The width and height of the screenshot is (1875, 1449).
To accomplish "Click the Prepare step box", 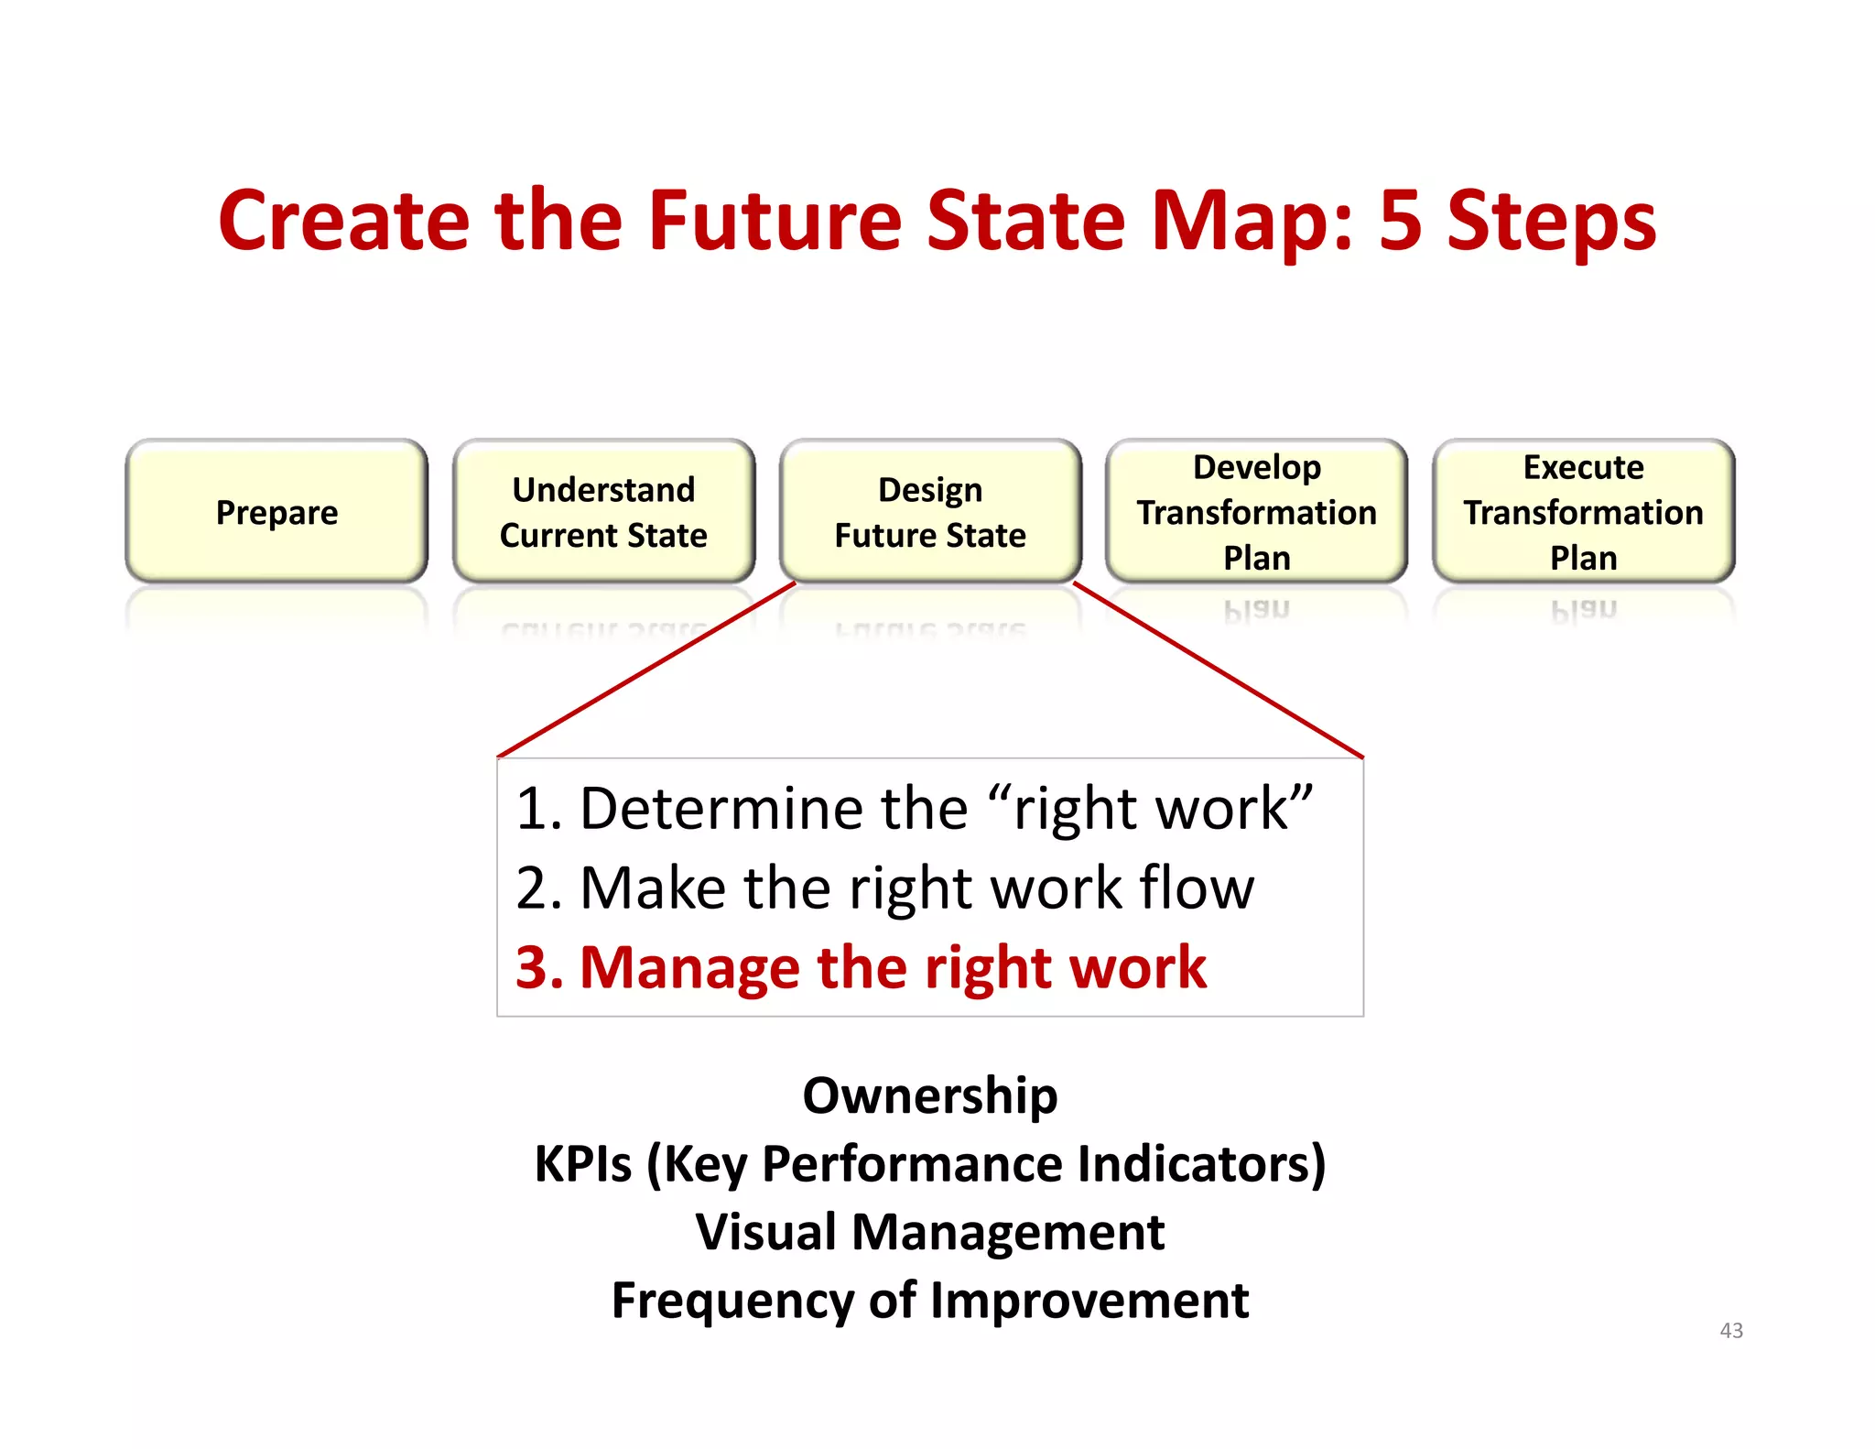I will coord(276,512).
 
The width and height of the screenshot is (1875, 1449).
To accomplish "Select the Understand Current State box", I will coord(603,512).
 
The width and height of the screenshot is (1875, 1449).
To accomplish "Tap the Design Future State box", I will coord(930,512).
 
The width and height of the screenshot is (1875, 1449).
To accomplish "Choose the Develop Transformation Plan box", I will coord(1256,512).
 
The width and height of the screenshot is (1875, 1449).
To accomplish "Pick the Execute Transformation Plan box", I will coord(1583,512).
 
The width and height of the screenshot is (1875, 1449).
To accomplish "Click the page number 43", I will coord(1730,1330).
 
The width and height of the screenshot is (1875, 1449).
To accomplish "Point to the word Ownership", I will coord(929,1095).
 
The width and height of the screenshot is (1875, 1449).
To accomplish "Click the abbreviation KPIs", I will coord(582,1164).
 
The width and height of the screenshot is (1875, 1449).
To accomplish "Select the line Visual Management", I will coord(929,1232).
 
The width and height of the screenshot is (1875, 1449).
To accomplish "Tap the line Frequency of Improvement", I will coord(929,1301).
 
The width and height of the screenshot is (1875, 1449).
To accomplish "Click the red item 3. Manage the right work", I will coord(861,967).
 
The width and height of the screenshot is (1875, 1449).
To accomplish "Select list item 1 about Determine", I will coord(913,809).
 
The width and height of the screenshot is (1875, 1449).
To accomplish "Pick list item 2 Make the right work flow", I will coord(884,888).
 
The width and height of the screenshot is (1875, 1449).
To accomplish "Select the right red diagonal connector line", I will coord(1218,670).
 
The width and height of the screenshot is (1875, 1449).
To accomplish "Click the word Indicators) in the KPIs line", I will coord(1201,1164).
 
